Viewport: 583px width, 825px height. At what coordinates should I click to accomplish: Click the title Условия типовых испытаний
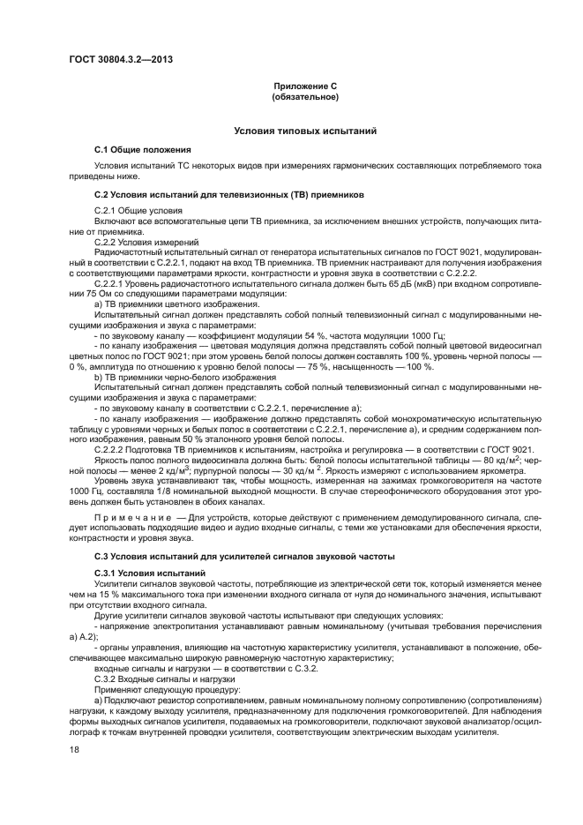(305, 131)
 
